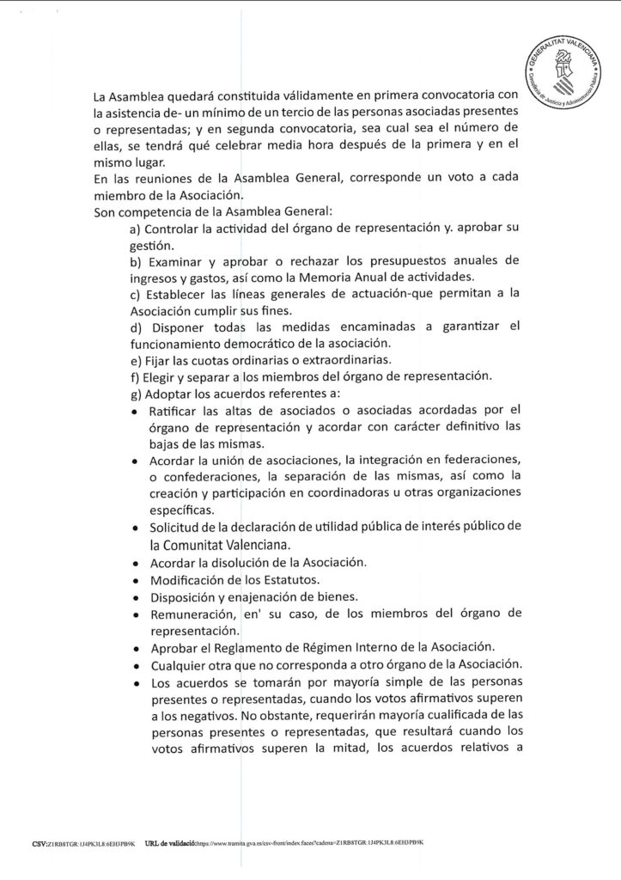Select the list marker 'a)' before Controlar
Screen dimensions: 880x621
135,230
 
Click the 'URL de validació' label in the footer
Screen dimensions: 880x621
171,842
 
